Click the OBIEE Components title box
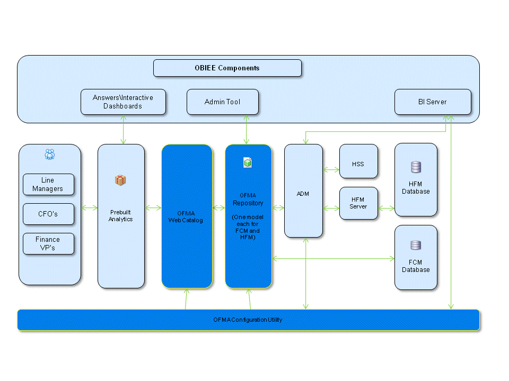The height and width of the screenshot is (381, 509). click(227, 68)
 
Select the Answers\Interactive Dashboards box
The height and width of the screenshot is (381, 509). click(123, 102)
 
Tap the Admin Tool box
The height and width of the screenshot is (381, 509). click(222, 102)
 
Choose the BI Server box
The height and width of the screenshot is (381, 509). click(432, 102)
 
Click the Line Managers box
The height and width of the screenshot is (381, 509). click(48, 185)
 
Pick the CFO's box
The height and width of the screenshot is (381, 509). click(48, 214)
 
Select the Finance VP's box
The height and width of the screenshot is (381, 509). click(48, 243)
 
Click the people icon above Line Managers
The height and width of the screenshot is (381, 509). click(50, 154)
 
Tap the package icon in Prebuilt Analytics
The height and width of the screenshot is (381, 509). click(120, 180)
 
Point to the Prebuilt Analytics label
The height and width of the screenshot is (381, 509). click(120, 215)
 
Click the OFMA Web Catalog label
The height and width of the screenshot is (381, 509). click(186, 216)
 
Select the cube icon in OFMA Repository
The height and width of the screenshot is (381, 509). click(248, 162)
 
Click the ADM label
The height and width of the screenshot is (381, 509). click(303, 194)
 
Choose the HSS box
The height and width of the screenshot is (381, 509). click(358, 164)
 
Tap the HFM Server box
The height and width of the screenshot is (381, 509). click(358, 203)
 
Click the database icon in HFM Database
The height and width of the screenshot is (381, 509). click(416, 167)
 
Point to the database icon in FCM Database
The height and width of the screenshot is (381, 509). click(416, 245)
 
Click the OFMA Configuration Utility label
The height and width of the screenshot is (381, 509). click(248, 320)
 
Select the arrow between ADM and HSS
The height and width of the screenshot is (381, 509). click(331, 170)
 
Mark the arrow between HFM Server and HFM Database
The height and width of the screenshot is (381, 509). click(386, 208)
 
